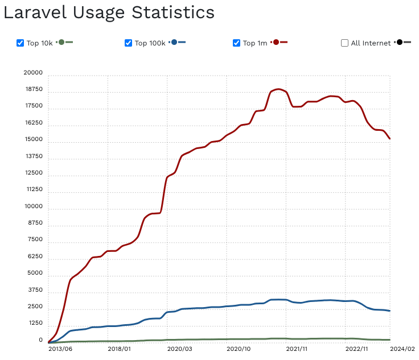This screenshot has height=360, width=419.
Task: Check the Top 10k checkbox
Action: coord(20,43)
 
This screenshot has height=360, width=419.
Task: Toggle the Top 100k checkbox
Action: coord(128,43)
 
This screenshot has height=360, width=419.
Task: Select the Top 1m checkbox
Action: coord(237,43)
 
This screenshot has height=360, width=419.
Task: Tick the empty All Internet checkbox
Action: coord(344,43)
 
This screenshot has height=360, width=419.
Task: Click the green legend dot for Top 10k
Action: coord(61,42)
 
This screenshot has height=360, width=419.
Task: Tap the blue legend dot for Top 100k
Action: coord(174,42)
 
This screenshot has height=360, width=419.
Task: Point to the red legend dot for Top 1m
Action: coord(276,42)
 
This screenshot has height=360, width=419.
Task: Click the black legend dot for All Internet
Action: coord(400,42)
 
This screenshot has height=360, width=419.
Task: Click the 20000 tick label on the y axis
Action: coord(32,73)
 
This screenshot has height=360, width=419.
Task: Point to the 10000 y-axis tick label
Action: coord(32,206)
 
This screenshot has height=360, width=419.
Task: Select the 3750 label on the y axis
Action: coord(34,290)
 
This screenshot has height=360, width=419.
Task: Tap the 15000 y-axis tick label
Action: coord(32,140)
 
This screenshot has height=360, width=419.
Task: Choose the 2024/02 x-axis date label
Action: coord(402,350)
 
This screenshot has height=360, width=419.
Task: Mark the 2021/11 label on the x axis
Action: coord(297,350)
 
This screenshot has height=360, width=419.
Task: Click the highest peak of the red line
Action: coord(278,89)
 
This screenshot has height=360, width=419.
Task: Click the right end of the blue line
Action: coord(390,311)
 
